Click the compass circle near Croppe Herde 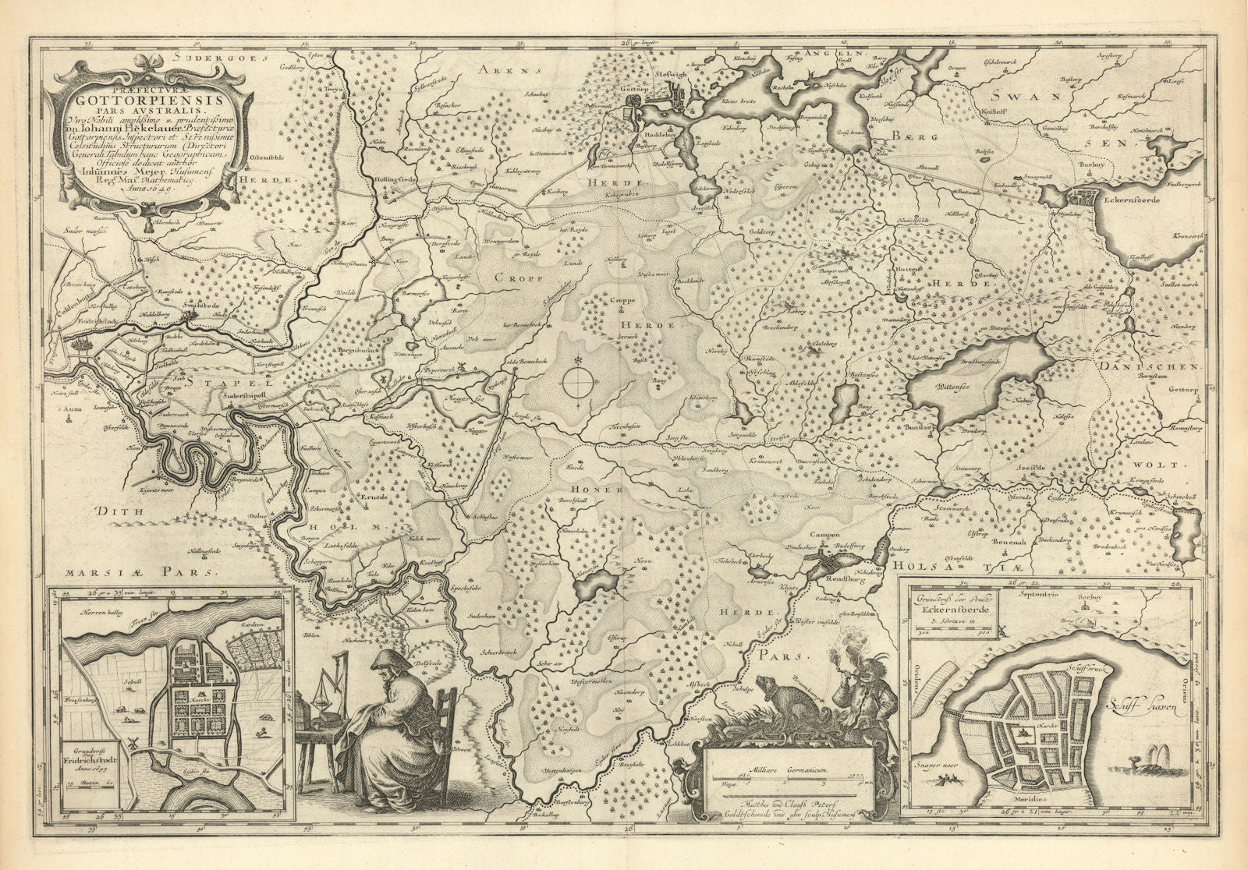tap(578, 383)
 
